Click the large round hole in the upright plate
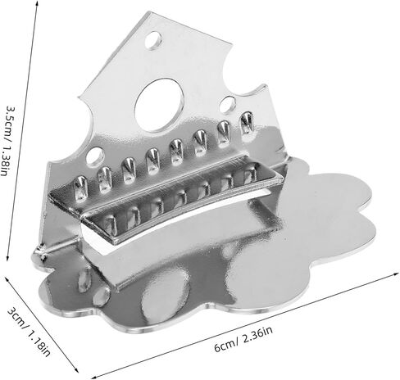(159, 106)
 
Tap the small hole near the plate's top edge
(153, 40)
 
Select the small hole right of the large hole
(228, 105)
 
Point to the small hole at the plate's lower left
(95, 156)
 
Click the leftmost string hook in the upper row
(81, 187)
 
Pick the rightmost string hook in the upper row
(247, 124)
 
